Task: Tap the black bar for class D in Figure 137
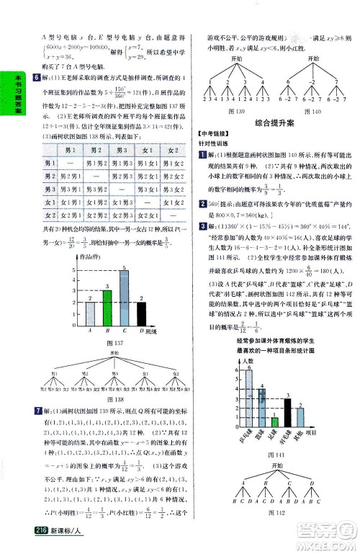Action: pyautogui.click(x=141, y=313)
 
